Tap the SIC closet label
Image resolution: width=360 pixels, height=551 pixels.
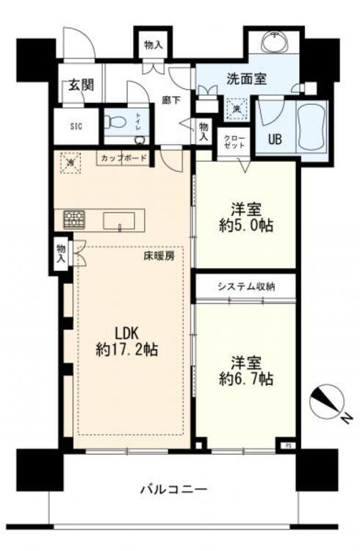tap(76, 125)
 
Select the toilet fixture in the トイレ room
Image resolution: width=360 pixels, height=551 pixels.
tap(117, 123)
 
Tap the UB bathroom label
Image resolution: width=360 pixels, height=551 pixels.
tap(273, 139)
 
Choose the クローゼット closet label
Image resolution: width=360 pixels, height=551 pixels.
tap(234, 141)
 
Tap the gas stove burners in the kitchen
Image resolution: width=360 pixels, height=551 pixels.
tap(74, 219)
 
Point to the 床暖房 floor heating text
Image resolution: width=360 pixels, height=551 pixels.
tap(158, 257)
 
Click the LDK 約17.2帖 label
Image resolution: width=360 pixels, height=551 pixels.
tap(126, 339)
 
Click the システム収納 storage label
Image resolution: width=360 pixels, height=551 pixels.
tap(246, 287)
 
